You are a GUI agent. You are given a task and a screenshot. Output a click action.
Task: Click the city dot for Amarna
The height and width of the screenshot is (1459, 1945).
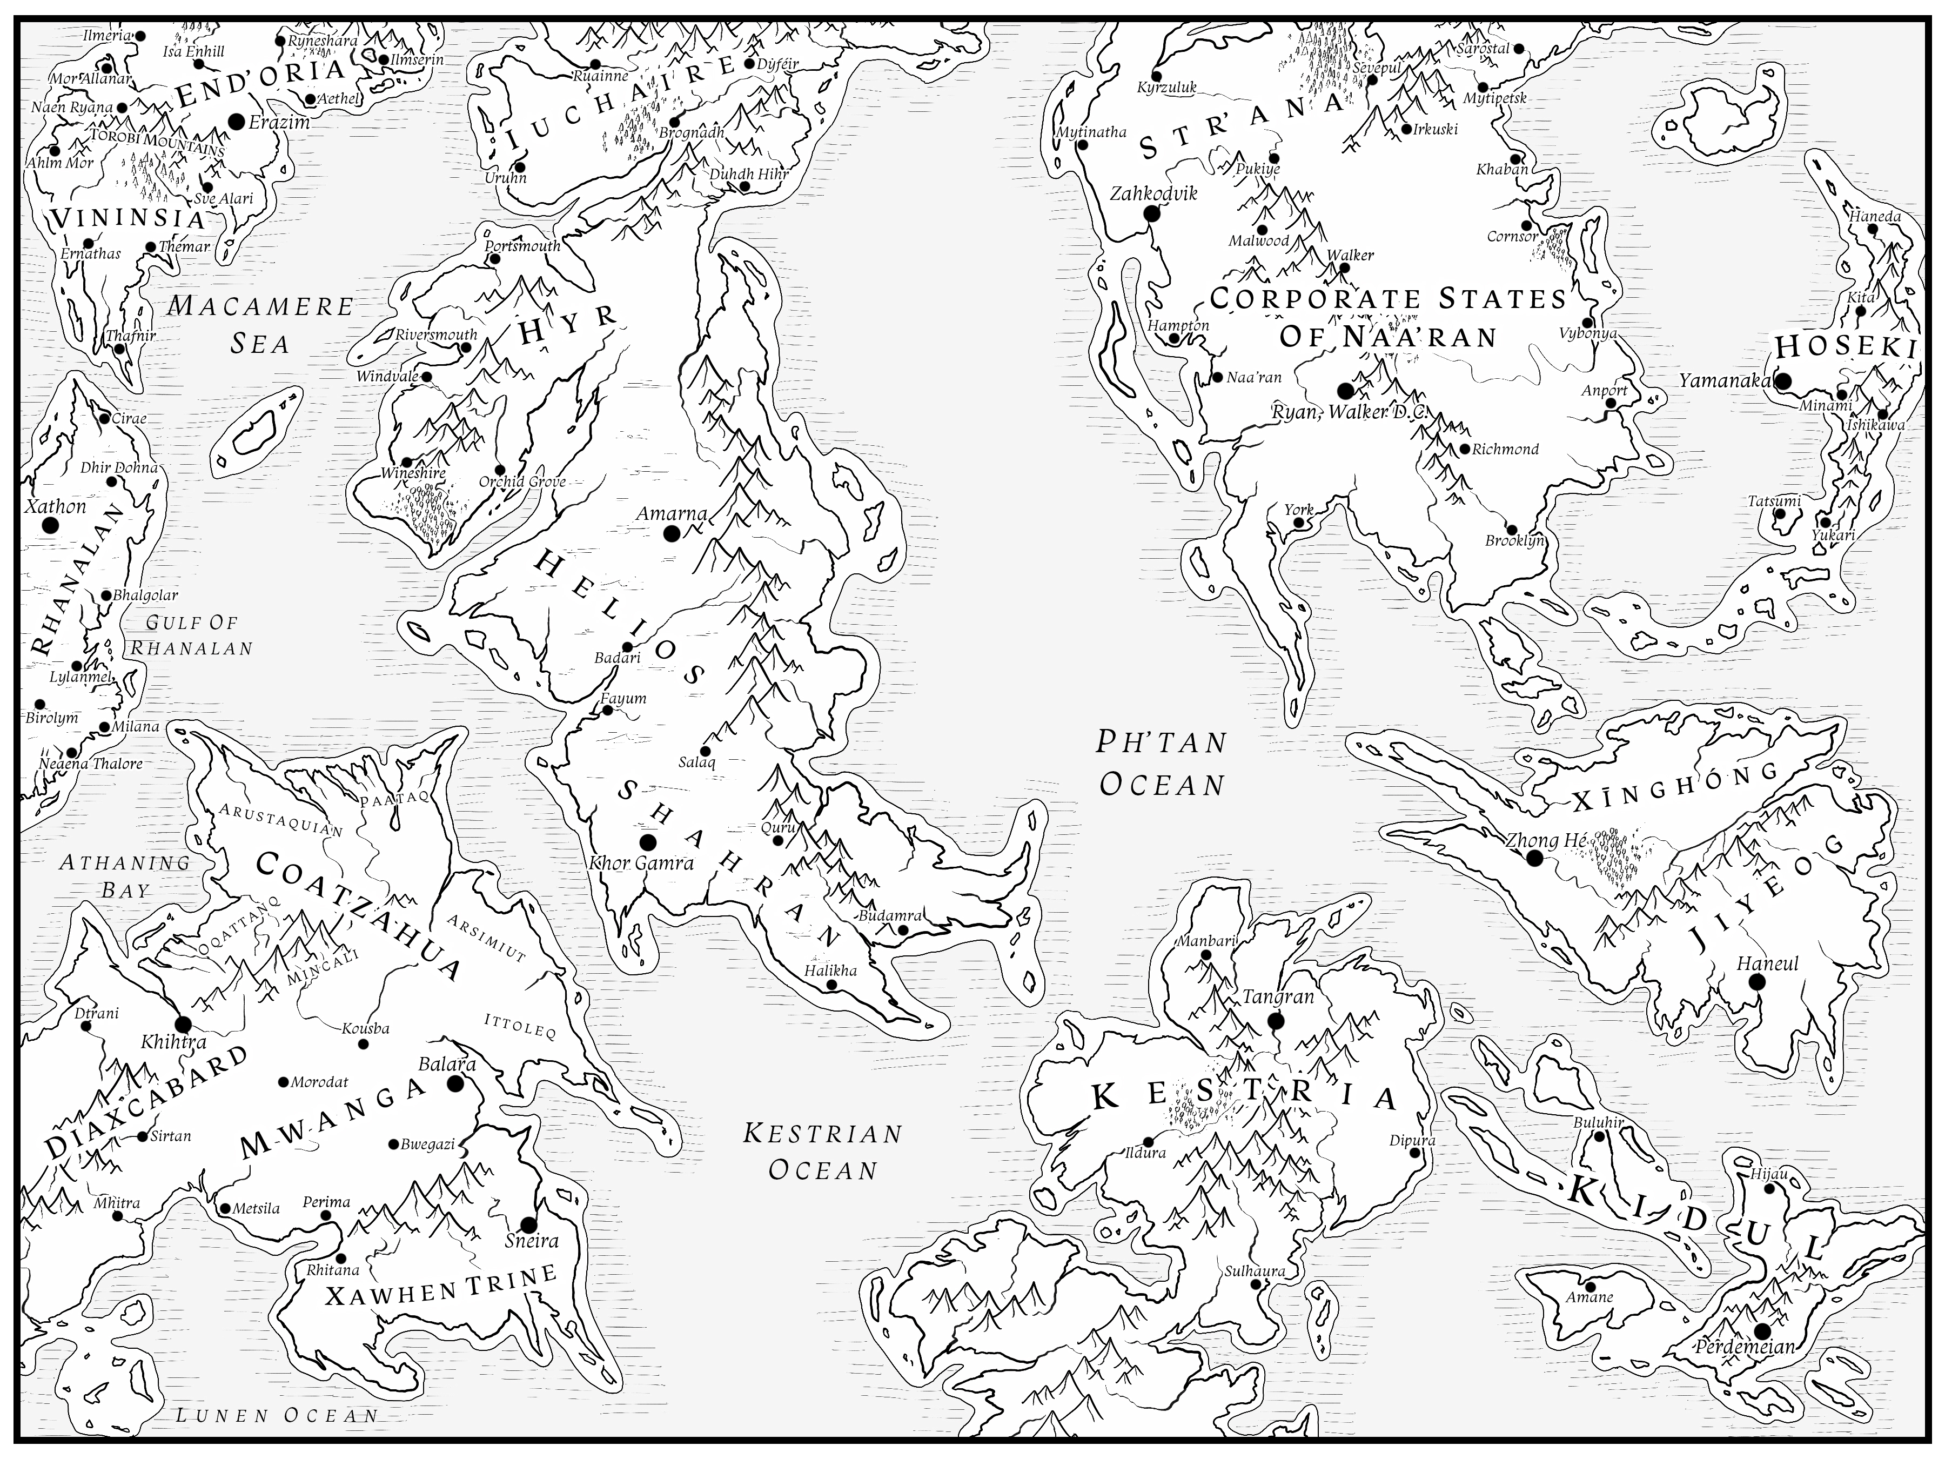pos(672,533)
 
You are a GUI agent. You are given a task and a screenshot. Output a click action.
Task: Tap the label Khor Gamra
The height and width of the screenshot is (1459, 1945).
pos(642,863)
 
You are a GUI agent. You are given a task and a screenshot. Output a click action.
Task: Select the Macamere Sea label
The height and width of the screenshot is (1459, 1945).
pos(260,325)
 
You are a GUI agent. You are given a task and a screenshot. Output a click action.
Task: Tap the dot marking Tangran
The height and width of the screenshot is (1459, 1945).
pos(1276,1021)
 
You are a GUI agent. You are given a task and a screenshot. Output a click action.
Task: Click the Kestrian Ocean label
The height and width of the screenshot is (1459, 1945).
pos(823,1151)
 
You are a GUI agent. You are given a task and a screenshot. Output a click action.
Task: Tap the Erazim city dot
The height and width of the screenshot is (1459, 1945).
pos(236,122)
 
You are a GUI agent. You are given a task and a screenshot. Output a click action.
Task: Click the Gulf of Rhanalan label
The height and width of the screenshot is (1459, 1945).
pos(192,635)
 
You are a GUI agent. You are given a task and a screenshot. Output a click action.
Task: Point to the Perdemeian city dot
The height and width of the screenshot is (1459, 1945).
pos(1761,1330)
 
